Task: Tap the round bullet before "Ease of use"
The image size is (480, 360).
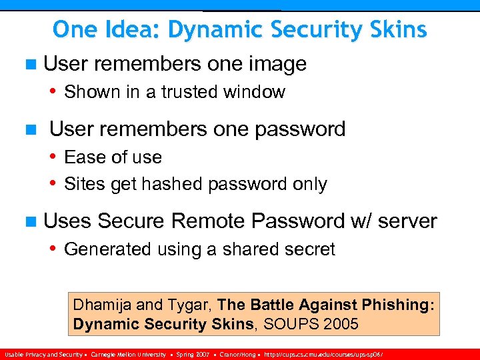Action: [x=53, y=157]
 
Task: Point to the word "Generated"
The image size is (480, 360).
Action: [x=108, y=249]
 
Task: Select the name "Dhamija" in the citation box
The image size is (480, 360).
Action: [x=102, y=305]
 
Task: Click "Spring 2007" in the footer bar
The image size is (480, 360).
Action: [x=194, y=355]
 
